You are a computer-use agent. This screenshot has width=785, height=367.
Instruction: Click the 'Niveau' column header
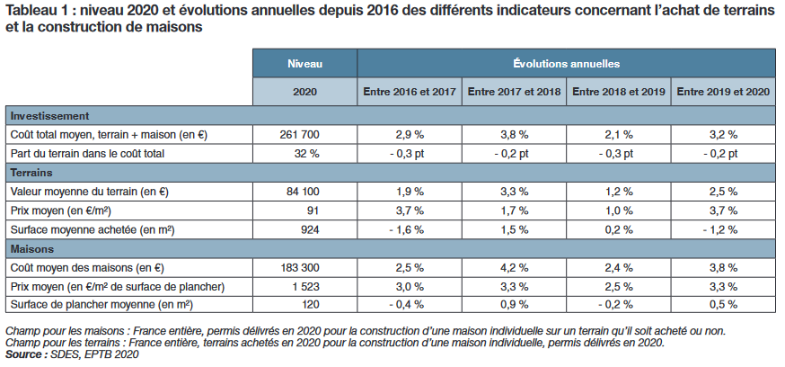pos(304,65)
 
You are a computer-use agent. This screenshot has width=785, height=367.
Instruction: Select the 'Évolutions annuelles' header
pos(566,65)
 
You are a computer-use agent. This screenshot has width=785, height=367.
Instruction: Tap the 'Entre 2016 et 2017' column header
pos(410,92)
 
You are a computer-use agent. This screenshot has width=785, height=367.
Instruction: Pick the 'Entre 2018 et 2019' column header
pos(618,92)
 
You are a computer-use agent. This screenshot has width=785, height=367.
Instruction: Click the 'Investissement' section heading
pos(49,116)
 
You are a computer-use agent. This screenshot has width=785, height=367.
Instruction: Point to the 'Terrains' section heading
pos(32,172)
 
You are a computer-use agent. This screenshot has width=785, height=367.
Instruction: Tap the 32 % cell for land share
pos(304,154)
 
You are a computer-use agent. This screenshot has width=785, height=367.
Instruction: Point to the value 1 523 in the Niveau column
pos(304,286)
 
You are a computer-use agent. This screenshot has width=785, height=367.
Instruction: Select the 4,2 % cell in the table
pos(514,268)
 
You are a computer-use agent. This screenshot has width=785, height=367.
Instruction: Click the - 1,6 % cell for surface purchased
pos(409,229)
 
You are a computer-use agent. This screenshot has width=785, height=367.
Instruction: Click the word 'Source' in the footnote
pos(25,355)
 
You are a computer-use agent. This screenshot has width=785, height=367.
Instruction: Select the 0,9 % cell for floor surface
pos(514,305)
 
